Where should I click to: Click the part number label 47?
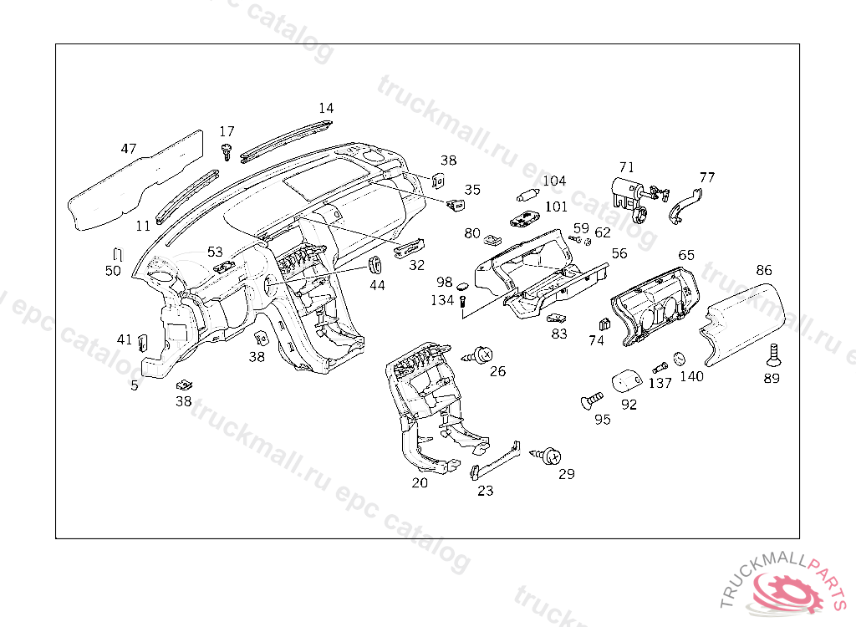(x=128, y=149)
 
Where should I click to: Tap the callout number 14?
(x=326, y=108)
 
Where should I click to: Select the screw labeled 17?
(x=227, y=151)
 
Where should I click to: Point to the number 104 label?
(x=554, y=181)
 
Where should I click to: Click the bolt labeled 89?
(x=772, y=356)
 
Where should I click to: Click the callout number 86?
(x=764, y=270)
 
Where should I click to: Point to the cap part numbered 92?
(x=628, y=382)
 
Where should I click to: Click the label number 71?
(x=627, y=167)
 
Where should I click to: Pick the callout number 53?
(x=216, y=251)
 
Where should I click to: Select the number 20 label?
(x=420, y=482)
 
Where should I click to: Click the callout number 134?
(x=443, y=300)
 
